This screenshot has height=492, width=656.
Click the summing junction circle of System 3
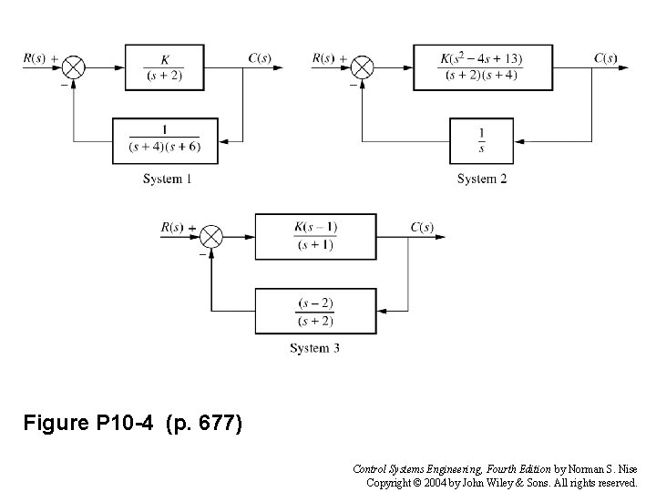click(211, 235)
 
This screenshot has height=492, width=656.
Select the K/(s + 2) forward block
click(163, 67)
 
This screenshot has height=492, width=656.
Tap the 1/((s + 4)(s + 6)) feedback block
click(165, 140)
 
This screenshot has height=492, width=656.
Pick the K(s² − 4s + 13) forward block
click(482, 67)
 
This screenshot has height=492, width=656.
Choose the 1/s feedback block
click(482, 140)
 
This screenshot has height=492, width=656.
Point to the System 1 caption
click(167, 179)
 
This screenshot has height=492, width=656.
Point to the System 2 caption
click(482, 179)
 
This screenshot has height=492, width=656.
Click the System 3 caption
click(314, 348)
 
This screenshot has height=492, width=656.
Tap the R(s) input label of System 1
click(35, 58)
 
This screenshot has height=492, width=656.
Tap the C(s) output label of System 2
click(605, 58)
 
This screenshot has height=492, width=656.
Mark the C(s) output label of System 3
click(422, 226)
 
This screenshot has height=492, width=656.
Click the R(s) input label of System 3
click(171, 226)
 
